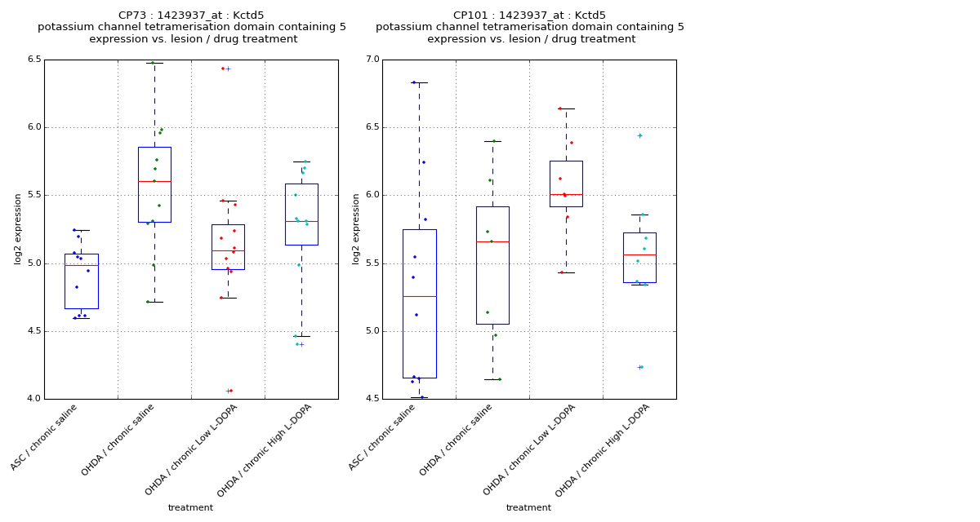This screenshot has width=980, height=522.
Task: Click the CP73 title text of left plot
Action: click(x=191, y=15)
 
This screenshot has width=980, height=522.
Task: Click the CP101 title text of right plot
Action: click(x=529, y=15)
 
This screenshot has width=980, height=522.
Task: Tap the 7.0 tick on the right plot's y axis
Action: click(x=372, y=60)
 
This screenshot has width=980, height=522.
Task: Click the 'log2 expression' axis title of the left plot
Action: click(x=18, y=228)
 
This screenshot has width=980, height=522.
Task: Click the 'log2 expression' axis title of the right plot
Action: click(x=356, y=228)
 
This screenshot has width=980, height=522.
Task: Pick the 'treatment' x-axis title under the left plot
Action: click(x=190, y=508)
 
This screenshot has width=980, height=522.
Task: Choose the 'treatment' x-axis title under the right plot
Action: click(x=528, y=508)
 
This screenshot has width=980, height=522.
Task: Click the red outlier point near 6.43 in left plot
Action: click(x=223, y=69)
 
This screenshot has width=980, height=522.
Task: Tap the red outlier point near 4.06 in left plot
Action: click(x=231, y=391)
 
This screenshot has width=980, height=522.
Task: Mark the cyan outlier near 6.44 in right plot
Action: click(x=640, y=135)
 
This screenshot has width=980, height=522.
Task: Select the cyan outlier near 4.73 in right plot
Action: click(x=642, y=367)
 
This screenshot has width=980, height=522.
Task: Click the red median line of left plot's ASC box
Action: click(x=81, y=265)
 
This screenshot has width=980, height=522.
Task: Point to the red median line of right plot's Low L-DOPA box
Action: click(x=566, y=194)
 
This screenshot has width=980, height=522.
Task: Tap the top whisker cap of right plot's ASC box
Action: click(x=419, y=82)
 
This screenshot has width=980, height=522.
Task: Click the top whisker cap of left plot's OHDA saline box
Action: click(x=154, y=63)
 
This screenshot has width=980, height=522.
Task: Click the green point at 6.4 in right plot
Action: click(x=493, y=141)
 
